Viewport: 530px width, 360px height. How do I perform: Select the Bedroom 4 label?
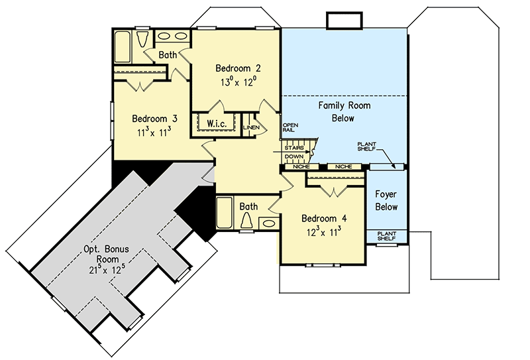pos(323,218)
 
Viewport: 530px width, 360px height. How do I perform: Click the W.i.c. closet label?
pos(217,123)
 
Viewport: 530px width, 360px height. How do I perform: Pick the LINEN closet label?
pos(250,127)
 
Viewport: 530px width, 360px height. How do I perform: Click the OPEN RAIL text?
pos(290,127)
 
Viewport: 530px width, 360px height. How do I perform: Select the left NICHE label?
pos(301,167)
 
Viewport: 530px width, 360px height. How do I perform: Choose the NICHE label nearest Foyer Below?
pos(343,167)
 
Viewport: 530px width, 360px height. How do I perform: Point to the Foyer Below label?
pos(386,201)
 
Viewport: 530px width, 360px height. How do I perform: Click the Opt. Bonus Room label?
pos(106,255)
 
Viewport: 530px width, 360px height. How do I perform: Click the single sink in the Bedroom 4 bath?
pos(270,223)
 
